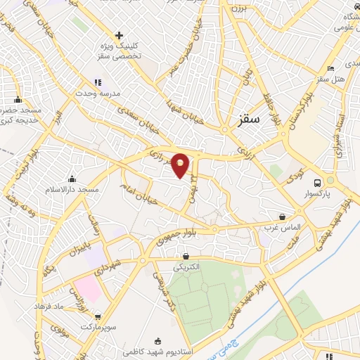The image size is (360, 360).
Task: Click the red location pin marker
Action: point(181,165)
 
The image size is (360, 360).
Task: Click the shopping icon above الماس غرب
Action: point(282,217)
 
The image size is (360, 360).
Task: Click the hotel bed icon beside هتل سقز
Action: point(331,69)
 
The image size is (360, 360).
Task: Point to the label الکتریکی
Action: point(186,268)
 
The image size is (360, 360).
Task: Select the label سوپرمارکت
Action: point(96,328)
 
